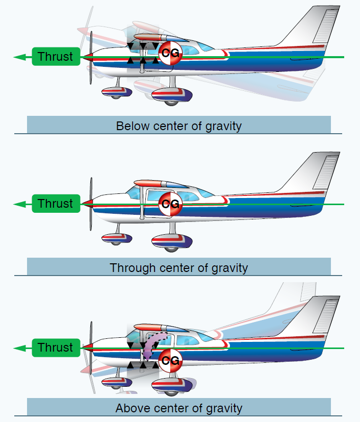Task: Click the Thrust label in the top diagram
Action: [56, 57]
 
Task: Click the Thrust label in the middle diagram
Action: [56, 204]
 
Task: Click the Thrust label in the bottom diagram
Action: [56, 347]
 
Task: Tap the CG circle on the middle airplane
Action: [169, 204]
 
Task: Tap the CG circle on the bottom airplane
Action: [169, 361]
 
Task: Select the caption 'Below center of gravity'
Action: [178, 126]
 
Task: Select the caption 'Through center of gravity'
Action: [178, 267]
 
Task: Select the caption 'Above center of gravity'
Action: [178, 408]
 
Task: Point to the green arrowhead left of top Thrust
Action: [20, 57]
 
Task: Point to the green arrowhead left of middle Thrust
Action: [20, 204]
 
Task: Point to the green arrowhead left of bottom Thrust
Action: [20, 348]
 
